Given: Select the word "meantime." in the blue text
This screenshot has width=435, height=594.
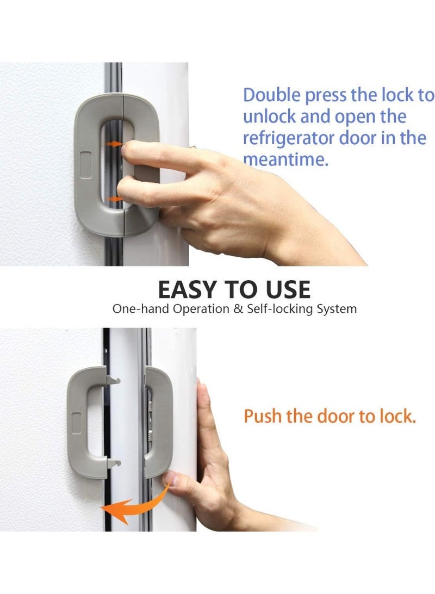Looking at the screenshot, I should click(285, 160).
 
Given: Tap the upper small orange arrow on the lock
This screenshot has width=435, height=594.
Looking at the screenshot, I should click(114, 144).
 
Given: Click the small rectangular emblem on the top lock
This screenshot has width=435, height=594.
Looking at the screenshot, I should click(87, 161).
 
